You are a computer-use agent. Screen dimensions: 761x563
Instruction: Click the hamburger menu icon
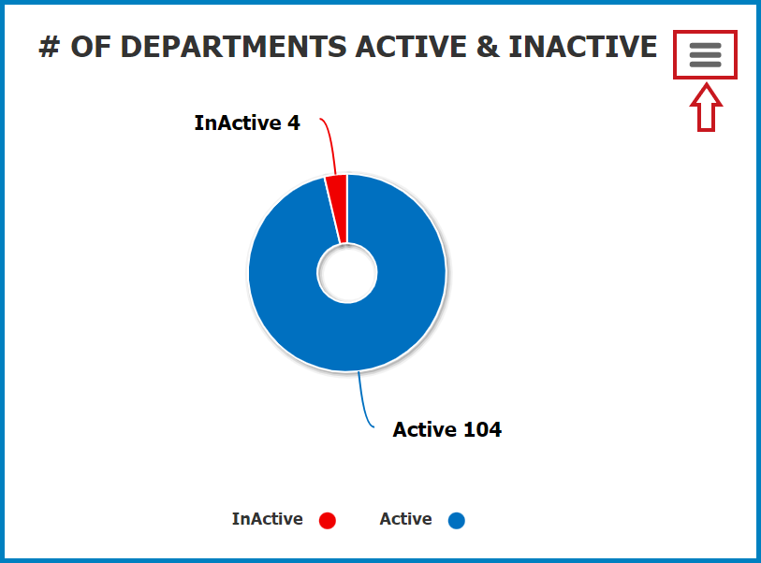(x=705, y=55)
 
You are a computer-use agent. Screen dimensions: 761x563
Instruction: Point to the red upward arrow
(x=706, y=108)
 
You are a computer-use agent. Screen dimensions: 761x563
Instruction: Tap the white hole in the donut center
(x=347, y=273)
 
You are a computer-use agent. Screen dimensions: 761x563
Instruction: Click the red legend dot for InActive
(x=327, y=520)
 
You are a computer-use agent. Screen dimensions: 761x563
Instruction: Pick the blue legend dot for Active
(x=456, y=520)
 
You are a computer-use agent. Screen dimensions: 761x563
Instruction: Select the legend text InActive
(x=268, y=519)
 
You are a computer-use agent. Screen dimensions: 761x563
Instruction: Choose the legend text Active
(x=405, y=519)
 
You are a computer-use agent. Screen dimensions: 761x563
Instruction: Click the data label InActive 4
(x=247, y=123)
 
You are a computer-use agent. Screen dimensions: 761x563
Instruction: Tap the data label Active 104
(x=447, y=429)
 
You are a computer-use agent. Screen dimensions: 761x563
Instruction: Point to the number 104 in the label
(x=482, y=429)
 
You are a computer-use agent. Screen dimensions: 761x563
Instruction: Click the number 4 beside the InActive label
(x=294, y=123)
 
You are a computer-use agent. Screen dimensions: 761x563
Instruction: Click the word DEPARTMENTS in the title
(x=209, y=47)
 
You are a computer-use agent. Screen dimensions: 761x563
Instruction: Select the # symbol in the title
(x=49, y=47)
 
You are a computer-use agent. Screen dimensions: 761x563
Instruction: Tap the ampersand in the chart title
(x=488, y=47)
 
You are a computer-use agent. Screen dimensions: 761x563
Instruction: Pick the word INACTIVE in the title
(x=583, y=47)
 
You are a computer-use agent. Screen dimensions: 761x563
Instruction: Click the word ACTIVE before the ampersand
(x=411, y=47)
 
